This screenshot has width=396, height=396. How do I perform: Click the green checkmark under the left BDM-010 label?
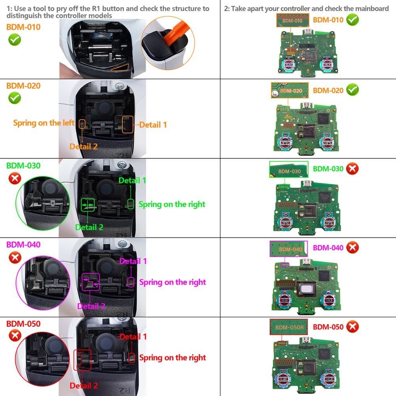coord(15,40)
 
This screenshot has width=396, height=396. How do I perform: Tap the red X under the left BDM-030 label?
coord(15,179)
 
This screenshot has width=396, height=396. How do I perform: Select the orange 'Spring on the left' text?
coord(44,123)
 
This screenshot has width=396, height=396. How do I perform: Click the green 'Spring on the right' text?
coord(172,204)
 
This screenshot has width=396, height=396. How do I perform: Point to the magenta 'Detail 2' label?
coord(91,306)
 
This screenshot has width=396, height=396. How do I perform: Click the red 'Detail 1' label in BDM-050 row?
coord(133,337)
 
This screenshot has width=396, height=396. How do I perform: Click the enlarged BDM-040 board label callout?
coord(289,249)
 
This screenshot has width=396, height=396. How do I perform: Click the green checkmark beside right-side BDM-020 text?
coord(352,90)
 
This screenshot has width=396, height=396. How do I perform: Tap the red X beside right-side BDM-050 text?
coord(352,327)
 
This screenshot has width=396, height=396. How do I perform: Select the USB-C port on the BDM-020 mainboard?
coord(306,105)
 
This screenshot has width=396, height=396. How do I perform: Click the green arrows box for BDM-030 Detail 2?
coord(88,205)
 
